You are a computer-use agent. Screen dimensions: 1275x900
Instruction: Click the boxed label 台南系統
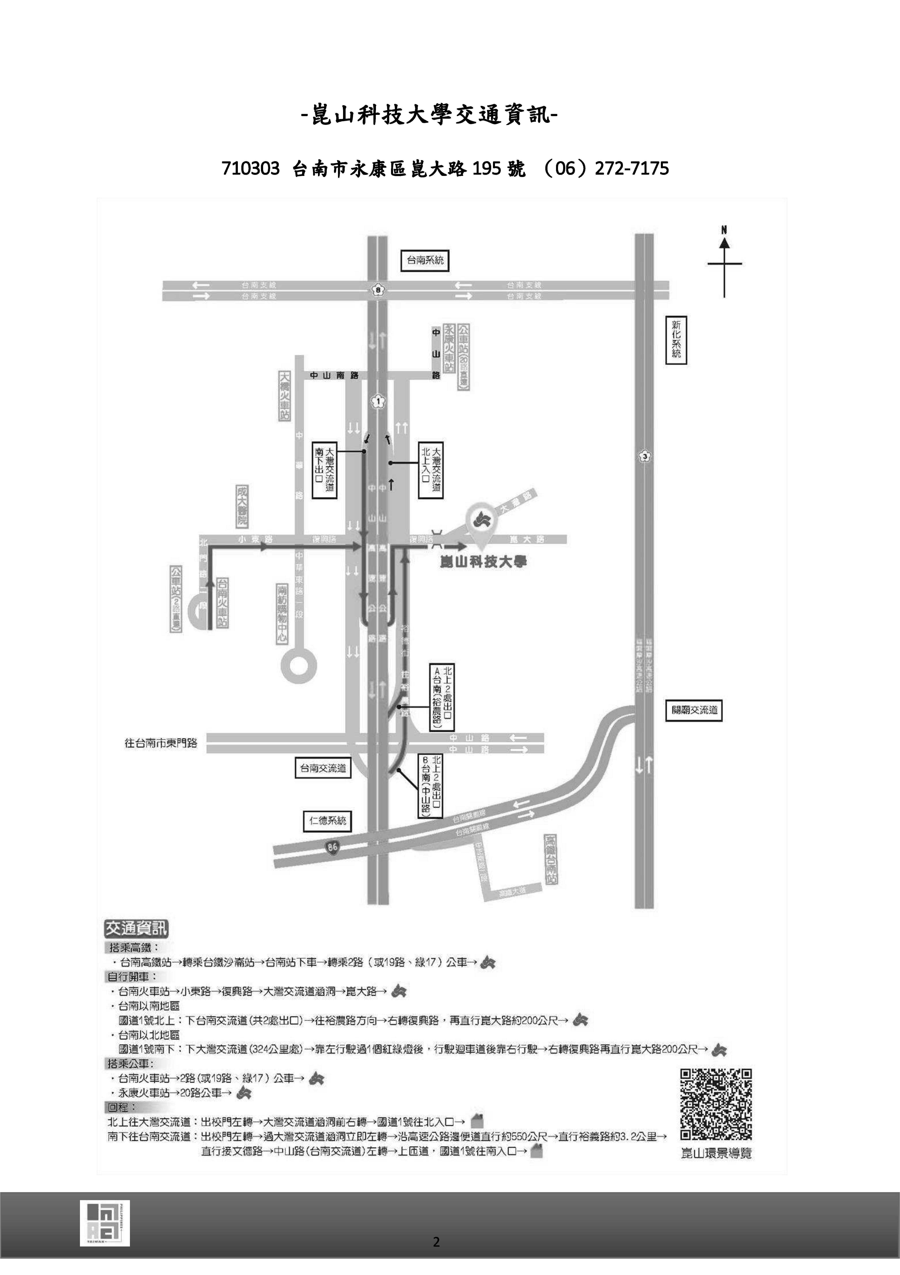pos(425,260)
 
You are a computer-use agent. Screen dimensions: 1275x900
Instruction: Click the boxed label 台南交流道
pos(323,768)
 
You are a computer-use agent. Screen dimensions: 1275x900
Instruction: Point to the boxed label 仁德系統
pos(327,820)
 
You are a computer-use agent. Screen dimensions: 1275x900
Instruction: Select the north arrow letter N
pos(724,230)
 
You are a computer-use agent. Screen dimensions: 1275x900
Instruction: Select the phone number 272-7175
pos(632,168)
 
